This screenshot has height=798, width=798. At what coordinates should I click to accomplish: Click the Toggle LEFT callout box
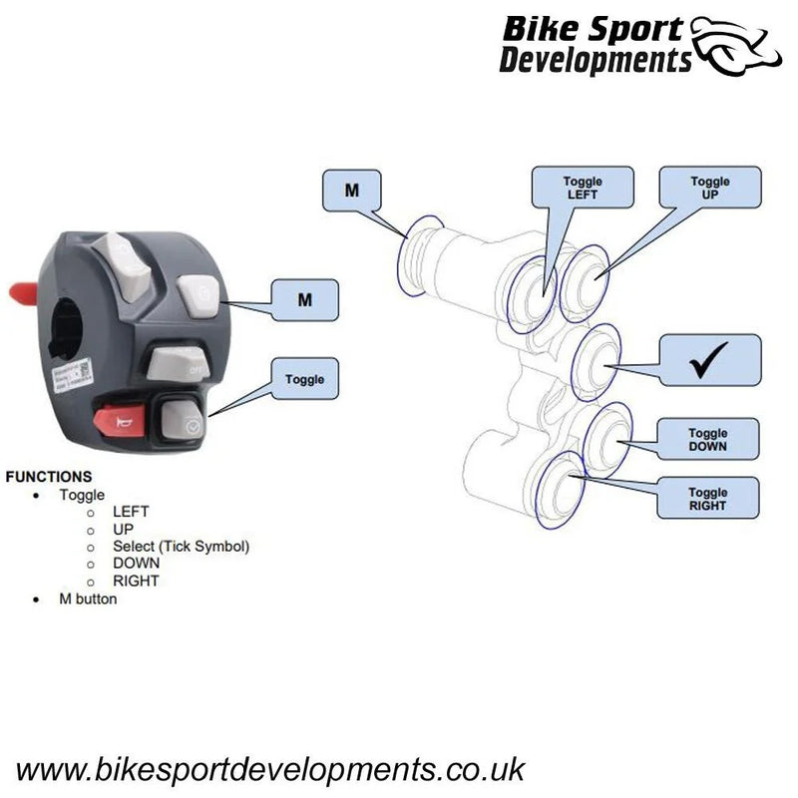point(583,188)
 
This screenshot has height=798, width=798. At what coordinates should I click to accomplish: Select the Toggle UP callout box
point(710,188)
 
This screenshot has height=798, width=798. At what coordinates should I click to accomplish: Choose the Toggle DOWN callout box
point(708,439)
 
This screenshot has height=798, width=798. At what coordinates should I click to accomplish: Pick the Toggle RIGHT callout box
point(707,498)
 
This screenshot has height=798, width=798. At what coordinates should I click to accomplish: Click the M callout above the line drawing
point(352,191)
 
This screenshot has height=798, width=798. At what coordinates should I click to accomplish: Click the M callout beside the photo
point(304,299)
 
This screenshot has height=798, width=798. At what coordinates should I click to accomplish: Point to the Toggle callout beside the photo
point(304,379)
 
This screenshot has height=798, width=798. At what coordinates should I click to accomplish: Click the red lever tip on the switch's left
point(23,292)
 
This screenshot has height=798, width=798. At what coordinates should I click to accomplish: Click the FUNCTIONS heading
point(49,477)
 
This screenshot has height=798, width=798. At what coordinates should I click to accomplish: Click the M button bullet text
point(88,599)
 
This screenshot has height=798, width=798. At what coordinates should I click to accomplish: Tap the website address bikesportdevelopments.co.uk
point(270,769)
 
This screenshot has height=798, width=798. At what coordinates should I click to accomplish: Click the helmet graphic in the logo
point(737,46)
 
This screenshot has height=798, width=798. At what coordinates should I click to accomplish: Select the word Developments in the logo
point(595,61)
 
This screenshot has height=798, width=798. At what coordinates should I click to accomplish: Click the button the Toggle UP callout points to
point(586,283)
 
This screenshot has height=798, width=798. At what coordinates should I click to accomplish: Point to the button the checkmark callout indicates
point(597,362)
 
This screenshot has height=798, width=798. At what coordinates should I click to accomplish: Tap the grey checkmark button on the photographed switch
point(181,420)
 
